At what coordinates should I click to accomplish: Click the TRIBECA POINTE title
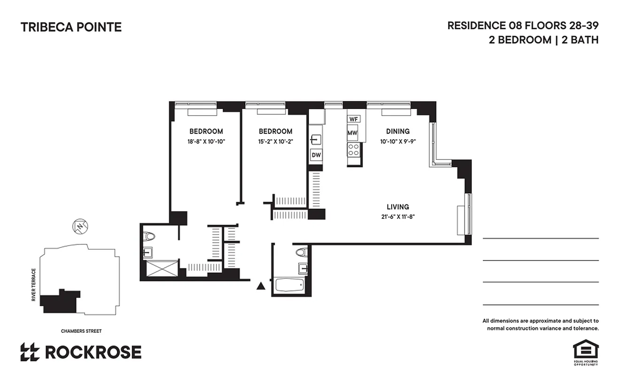(x=71, y=27)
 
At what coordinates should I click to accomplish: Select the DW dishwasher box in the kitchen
(x=316, y=155)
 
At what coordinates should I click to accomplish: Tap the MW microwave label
(x=352, y=133)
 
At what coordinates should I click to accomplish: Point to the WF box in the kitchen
(x=354, y=119)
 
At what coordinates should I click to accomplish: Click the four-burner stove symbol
(x=353, y=150)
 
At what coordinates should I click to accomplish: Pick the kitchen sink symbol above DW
(x=316, y=140)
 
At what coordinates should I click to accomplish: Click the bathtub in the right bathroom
(x=290, y=285)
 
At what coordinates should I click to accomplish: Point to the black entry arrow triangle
(x=261, y=285)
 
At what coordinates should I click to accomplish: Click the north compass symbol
(x=80, y=226)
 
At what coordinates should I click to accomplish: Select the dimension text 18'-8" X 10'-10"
(x=206, y=141)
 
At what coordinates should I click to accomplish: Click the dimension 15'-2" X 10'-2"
(x=275, y=141)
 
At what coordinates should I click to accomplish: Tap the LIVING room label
(x=397, y=207)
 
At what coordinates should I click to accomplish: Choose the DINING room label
(x=397, y=132)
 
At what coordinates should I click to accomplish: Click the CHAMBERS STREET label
(x=81, y=331)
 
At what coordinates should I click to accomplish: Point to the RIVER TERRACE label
(x=34, y=285)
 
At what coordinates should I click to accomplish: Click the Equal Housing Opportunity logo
(x=585, y=352)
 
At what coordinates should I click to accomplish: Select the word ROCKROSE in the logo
(x=93, y=352)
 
